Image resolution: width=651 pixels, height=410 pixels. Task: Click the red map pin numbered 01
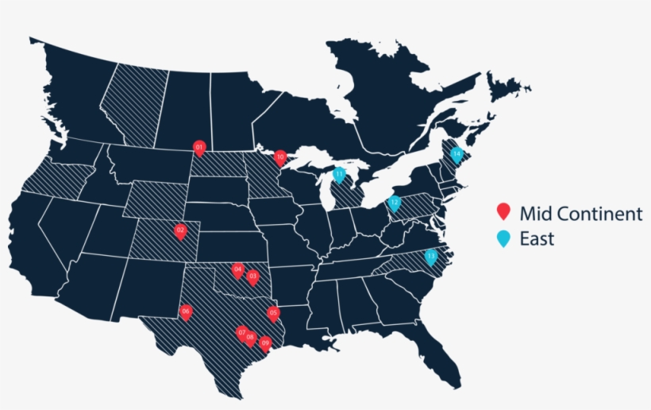click(x=199, y=147)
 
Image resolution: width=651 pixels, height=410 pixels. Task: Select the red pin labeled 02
click(x=180, y=231)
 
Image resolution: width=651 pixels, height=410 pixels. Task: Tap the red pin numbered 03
click(x=252, y=277)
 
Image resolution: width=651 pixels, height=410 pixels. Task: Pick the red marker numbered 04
click(x=237, y=270)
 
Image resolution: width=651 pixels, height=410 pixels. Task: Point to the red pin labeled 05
click(x=274, y=313)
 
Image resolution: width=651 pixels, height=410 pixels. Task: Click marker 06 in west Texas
click(x=186, y=311)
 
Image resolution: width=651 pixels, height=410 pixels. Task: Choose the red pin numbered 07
click(x=242, y=332)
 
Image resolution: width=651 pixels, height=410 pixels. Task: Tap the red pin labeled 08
click(x=250, y=338)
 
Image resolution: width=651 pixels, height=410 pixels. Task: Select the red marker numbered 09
click(x=265, y=343)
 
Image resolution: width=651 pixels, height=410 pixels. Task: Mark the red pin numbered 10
click(x=279, y=157)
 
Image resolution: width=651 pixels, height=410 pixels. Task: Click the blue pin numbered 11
click(x=339, y=174)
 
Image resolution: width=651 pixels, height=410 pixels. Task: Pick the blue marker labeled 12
click(x=394, y=203)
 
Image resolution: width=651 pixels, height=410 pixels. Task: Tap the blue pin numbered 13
click(x=431, y=257)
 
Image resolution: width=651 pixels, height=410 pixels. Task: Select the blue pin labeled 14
click(x=456, y=154)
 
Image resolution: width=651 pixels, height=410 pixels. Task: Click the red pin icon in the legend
click(x=503, y=212)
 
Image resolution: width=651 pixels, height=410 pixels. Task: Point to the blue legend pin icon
click(x=503, y=238)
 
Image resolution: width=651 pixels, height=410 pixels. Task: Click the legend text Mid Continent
click(x=580, y=213)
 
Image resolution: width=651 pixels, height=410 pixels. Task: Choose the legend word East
click(x=537, y=238)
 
